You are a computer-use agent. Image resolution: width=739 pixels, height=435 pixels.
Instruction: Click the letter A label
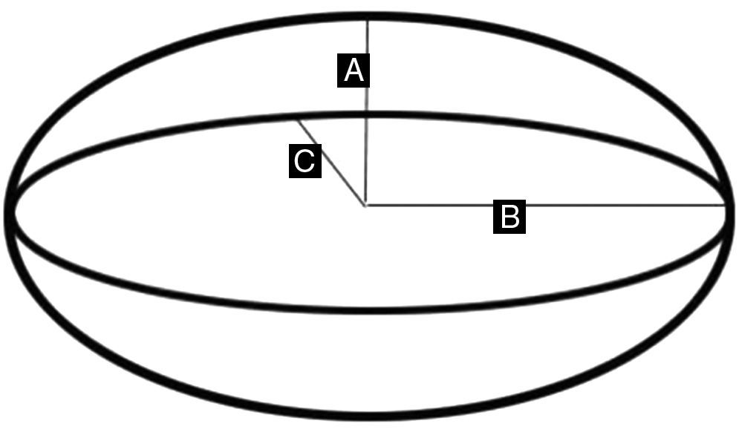tap(354, 71)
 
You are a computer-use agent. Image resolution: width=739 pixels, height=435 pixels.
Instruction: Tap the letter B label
tap(510, 217)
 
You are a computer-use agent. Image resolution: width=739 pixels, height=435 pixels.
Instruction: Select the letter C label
tap(305, 161)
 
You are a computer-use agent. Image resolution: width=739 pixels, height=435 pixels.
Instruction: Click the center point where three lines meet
tap(366, 205)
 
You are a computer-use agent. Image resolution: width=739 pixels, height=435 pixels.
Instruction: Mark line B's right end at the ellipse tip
tap(726, 206)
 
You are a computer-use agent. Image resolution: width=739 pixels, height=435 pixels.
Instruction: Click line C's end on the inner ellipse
tap(297, 121)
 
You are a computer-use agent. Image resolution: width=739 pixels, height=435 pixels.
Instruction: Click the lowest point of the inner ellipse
tap(370, 310)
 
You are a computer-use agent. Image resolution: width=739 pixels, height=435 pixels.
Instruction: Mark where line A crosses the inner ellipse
tap(367, 115)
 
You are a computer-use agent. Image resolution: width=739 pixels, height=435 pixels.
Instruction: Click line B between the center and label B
tap(429, 205)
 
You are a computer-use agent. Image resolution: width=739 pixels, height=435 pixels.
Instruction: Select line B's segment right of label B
tap(626, 205)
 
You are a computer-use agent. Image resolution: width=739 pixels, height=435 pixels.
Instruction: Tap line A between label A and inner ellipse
tap(367, 100)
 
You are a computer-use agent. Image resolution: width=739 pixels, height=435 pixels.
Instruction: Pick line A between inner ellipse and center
tap(366, 161)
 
